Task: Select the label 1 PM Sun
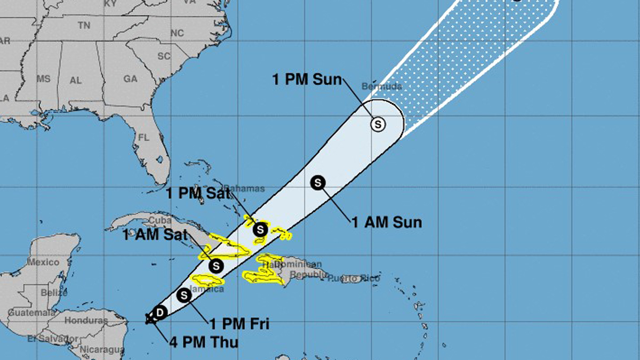307,80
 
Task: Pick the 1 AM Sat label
155,235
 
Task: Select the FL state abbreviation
143,137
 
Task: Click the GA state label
130,78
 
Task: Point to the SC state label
163,55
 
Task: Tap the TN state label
84,25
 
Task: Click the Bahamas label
244,188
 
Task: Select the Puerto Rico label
354,278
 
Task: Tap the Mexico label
43,262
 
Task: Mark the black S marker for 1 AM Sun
318,182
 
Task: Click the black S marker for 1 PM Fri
185,295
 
